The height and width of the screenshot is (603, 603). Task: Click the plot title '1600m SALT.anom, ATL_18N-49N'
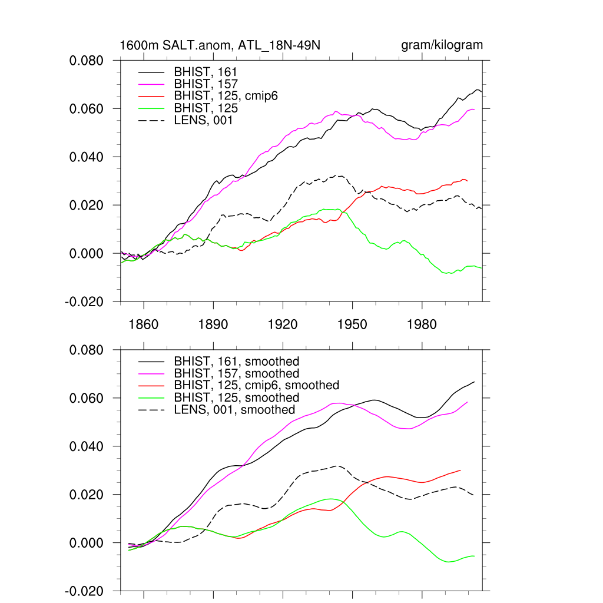click(x=220, y=45)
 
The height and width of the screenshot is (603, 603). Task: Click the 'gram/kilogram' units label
click(x=442, y=45)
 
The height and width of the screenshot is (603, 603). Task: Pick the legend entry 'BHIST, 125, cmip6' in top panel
click(x=226, y=97)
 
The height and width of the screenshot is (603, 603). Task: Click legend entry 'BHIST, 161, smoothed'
click(x=237, y=362)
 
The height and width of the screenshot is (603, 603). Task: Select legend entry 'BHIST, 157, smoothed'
click(x=237, y=373)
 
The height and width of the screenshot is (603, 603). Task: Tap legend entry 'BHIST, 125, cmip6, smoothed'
click(x=257, y=385)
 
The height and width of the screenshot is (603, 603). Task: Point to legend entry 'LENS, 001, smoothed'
click(x=234, y=409)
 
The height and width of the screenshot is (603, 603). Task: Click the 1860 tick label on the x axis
click(x=144, y=325)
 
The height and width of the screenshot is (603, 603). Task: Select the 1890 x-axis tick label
click(x=213, y=325)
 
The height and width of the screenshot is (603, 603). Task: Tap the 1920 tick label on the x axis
click(x=283, y=325)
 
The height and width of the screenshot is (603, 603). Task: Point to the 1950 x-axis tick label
click(x=352, y=325)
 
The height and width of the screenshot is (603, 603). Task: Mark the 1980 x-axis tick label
click(x=422, y=325)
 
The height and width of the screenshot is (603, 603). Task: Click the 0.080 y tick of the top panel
click(x=87, y=61)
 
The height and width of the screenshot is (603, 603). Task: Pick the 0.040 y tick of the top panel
click(x=87, y=157)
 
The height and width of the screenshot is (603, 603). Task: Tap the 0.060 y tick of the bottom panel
click(x=87, y=398)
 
